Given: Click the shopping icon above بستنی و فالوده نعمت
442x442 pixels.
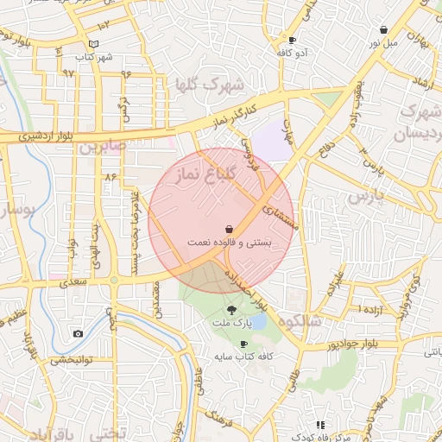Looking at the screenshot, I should (x=229, y=229).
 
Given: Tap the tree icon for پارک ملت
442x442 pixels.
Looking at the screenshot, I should (x=231, y=308).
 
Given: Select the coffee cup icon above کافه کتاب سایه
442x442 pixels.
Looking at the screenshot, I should (x=244, y=344).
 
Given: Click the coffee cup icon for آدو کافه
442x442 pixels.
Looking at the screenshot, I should (x=293, y=41).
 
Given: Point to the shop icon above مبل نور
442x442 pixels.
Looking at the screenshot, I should (x=383, y=30).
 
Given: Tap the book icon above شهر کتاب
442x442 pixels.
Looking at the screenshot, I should (x=94, y=44).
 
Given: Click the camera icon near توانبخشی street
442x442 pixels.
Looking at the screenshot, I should (x=79, y=333).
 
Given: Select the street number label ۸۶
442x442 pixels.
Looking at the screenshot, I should (x=110, y=176).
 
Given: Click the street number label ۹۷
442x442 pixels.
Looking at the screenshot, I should (x=68, y=73).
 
